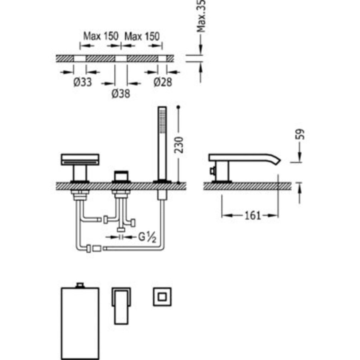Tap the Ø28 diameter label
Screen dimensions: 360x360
point(162,83)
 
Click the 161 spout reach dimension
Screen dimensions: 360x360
point(253,216)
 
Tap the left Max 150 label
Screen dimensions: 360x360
point(100,36)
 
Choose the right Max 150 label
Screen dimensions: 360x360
point(142,36)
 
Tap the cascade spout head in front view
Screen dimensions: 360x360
point(80,159)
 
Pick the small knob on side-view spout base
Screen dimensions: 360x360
point(211,172)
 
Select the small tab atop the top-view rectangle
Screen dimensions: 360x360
point(80,285)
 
